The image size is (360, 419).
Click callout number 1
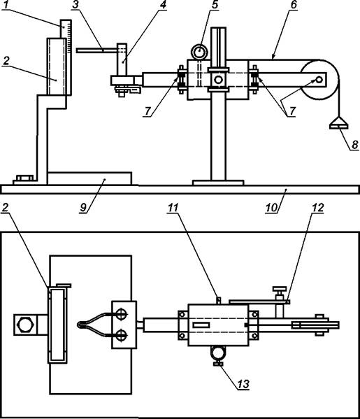(x=6, y=5)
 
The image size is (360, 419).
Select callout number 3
(x=76, y=5)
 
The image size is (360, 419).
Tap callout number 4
(x=163, y=5)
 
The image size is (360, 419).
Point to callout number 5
(x=215, y=5)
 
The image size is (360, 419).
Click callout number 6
(x=294, y=5)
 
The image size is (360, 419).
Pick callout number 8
(x=354, y=145)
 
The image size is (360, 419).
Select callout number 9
(x=84, y=207)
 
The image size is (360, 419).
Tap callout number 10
(x=272, y=207)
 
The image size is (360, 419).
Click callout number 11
(x=173, y=207)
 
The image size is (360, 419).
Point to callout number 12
(x=317, y=207)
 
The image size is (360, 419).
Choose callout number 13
(x=243, y=384)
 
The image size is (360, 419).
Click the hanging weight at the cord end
(x=338, y=123)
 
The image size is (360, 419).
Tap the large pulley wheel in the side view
(x=319, y=80)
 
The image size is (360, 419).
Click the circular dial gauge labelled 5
(x=199, y=52)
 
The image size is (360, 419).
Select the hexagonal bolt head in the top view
(x=25, y=325)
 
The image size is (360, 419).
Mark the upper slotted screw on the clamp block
(x=121, y=314)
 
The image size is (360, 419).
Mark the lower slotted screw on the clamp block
(x=121, y=335)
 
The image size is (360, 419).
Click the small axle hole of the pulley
(x=319, y=80)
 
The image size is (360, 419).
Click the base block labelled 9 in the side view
(x=89, y=178)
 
